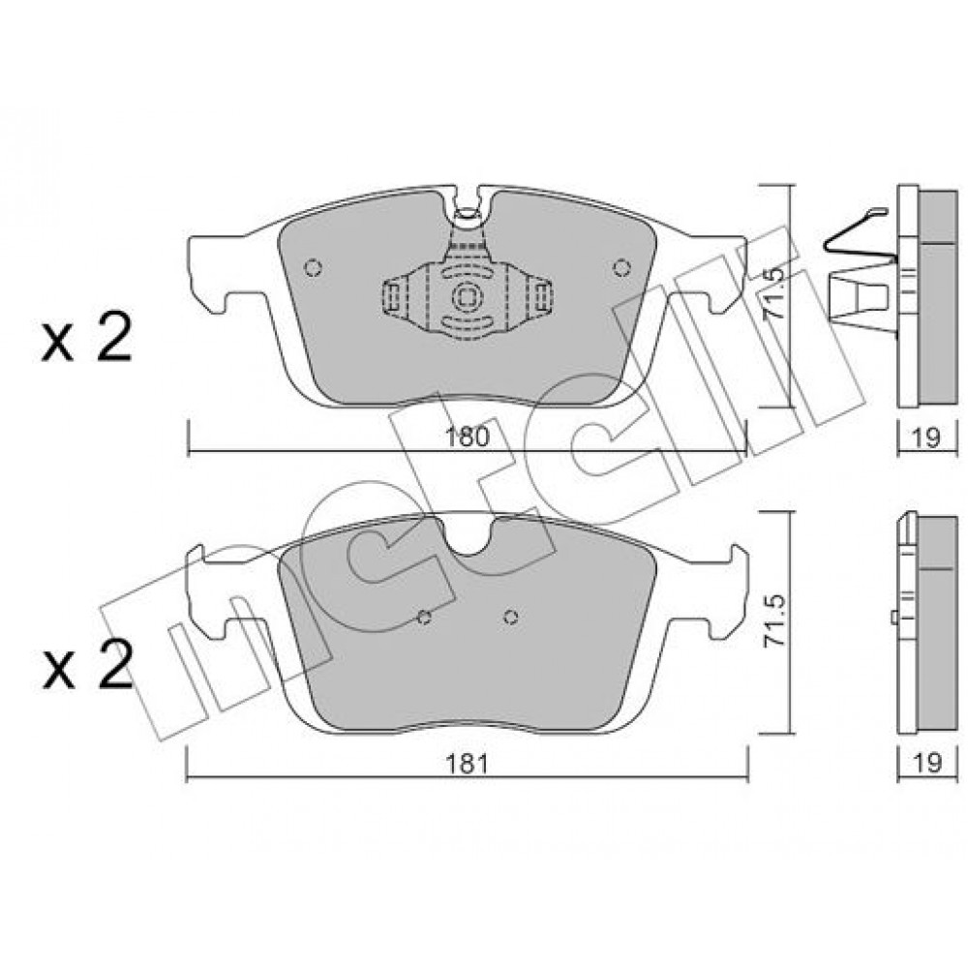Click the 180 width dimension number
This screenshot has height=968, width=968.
[x=467, y=438]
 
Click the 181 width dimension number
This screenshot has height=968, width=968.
[x=467, y=764]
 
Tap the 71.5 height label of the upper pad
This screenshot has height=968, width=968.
[x=774, y=293]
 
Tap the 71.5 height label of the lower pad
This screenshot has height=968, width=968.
[x=774, y=620]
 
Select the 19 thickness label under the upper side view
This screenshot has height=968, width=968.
[x=926, y=438]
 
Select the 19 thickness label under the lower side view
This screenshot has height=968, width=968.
[x=926, y=763]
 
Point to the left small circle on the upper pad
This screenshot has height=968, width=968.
[x=314, y=267]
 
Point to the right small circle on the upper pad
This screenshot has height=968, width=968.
[x=621, y=267]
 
